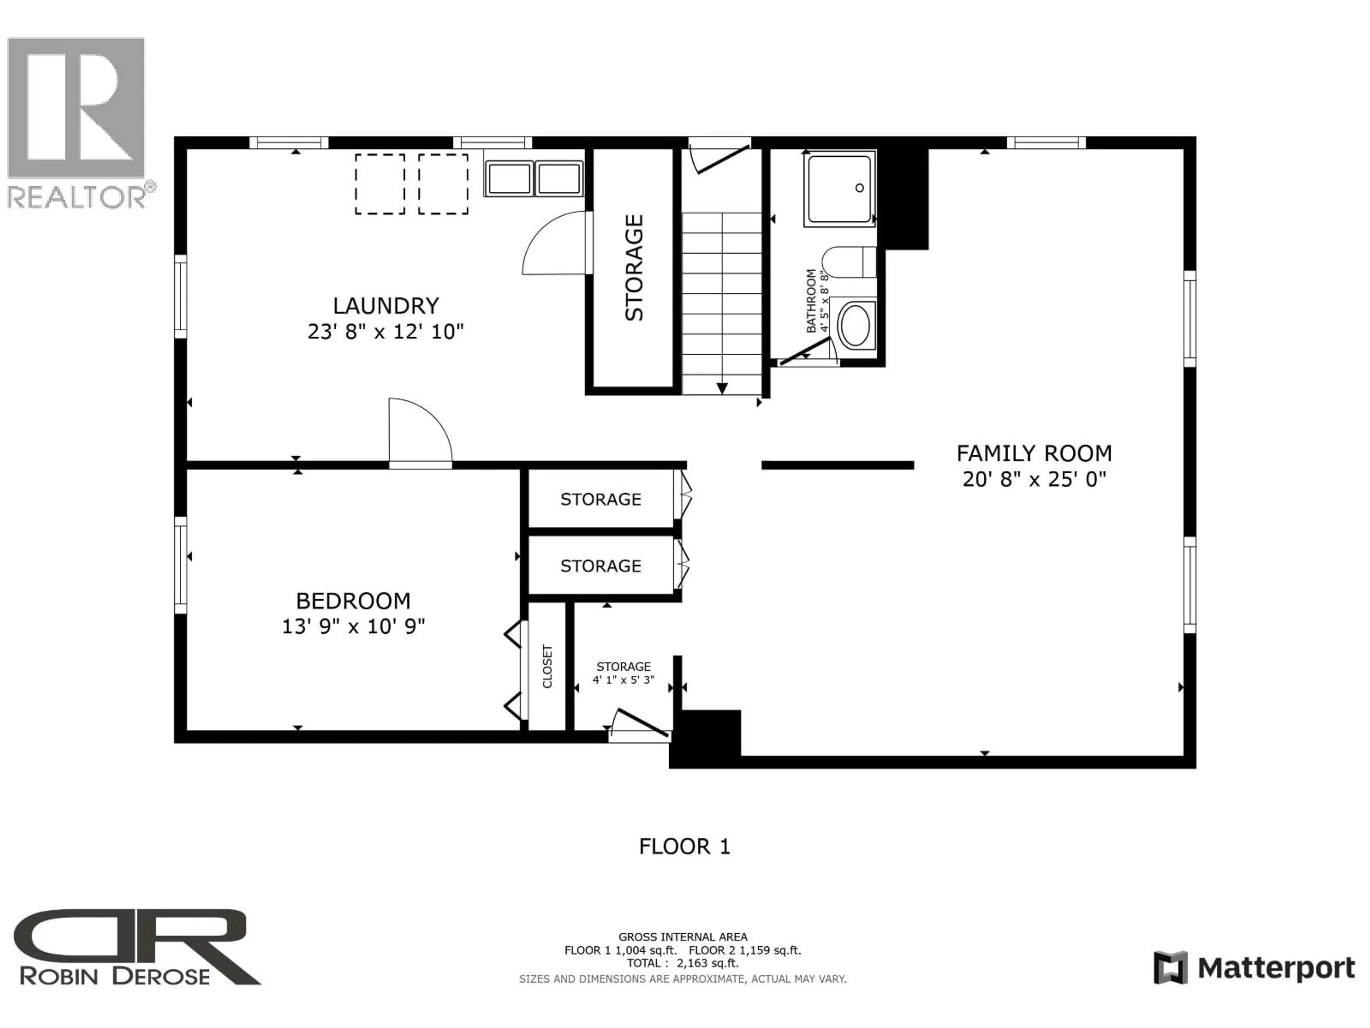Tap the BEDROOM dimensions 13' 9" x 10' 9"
(353, 626)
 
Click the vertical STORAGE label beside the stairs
(634, 268)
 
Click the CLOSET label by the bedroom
(547, 666)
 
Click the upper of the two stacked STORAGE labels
(600, 499)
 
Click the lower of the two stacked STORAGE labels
(600, 566)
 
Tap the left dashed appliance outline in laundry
(380, 184)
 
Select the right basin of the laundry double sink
(559, 178)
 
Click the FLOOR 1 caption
(684, 846)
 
